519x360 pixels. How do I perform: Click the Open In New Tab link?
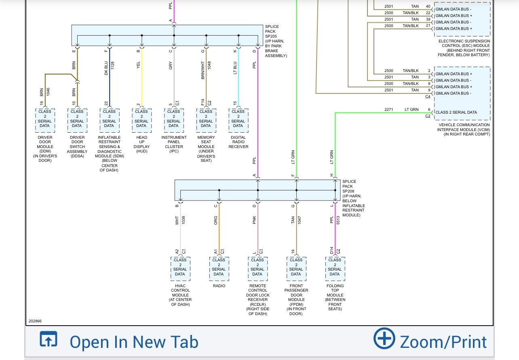click(134, 342)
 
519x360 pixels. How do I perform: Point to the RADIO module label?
click(219, 286)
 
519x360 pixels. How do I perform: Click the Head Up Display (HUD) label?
click(141, 144)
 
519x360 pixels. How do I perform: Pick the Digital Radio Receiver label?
click(238, 142)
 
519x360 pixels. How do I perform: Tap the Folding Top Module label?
click(335, 297)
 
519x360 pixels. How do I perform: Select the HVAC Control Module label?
click(180, 295)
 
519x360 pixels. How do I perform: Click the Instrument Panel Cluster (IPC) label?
click(174, 144)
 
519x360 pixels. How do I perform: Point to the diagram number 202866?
click(35, 321)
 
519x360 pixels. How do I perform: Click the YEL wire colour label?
click(138, 66)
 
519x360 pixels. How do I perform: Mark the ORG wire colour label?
click(216, 220)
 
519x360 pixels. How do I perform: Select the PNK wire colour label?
click(254, 220)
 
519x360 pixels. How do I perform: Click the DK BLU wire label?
click(106, 68)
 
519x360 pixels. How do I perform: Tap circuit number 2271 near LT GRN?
click(388, 110)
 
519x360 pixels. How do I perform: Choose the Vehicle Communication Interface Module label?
click(464, 129)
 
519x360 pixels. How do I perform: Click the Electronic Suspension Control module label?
click(464, 48)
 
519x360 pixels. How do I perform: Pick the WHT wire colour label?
click(177, 220)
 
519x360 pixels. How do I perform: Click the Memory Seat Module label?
click(206, 149)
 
